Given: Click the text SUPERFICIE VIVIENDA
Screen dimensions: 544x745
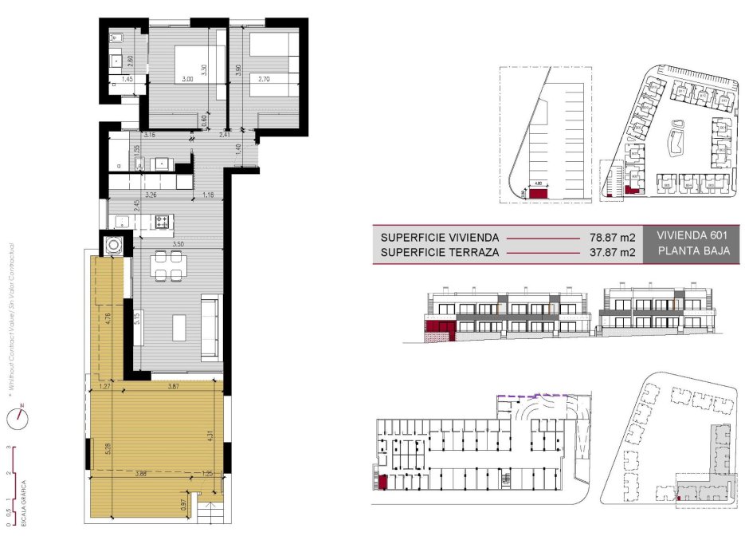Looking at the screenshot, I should [440, 237].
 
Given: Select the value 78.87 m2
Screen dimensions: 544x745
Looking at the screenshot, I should [611, 237].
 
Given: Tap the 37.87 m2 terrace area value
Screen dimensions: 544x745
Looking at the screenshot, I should [611, 253].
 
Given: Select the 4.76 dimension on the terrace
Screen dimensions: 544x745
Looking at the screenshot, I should [108, 323].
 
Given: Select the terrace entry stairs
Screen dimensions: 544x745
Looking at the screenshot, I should [211, 516].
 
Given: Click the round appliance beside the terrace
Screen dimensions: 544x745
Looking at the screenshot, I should [112, 244].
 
